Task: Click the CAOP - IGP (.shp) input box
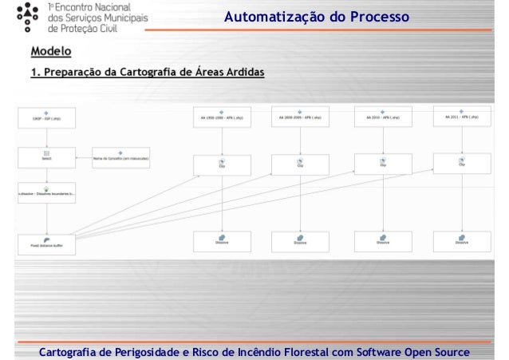[x=46, y=119]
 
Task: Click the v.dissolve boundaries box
[x=46, y=192]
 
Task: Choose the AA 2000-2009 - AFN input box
[x=299, y=118]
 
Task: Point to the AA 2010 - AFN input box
[x=382, y=118]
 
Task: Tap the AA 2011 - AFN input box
[x=460, y=117]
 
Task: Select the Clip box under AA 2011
[x=460, y=163]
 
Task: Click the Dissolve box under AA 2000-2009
[x=299, y=241]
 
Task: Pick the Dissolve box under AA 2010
[x=382, y=240]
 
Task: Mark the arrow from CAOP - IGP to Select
[x=46, y=136]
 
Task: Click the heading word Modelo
[x=50, y=53]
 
